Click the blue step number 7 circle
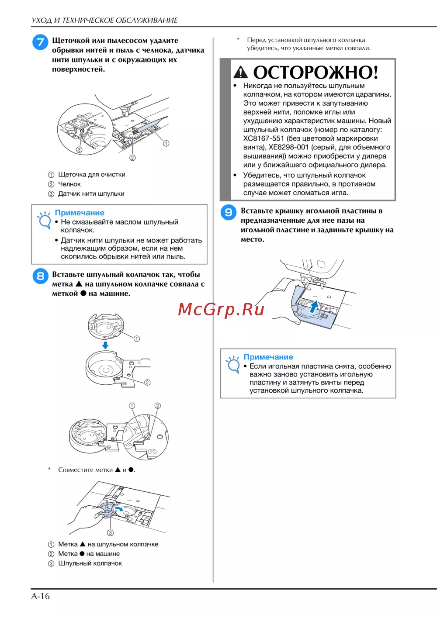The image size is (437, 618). pos(40,42)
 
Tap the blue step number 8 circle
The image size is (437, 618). pos(40,276)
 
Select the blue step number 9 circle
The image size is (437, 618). pos(228,213)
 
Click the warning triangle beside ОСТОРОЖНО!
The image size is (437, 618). pos(241,72)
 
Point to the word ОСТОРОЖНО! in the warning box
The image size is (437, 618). pos(316,72)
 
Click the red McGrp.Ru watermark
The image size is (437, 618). pos(221,309)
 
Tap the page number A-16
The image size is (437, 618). pos(40,596)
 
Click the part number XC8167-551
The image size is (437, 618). pos(264,138)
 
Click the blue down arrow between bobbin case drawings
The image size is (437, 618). pos(105,345)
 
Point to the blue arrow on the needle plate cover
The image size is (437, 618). pos(313,307)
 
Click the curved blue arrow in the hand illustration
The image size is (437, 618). pos(118,508)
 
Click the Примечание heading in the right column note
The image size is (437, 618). pos(268,357)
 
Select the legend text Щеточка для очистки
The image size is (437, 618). pos(92,174)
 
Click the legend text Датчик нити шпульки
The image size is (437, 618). pos(91,193)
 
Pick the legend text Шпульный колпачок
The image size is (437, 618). pos(90,563)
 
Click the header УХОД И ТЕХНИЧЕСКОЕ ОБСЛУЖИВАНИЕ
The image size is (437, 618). pos(104,21)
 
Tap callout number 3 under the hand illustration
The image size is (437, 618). pos(110,532)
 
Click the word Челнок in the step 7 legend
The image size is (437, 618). pos(69,184)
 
